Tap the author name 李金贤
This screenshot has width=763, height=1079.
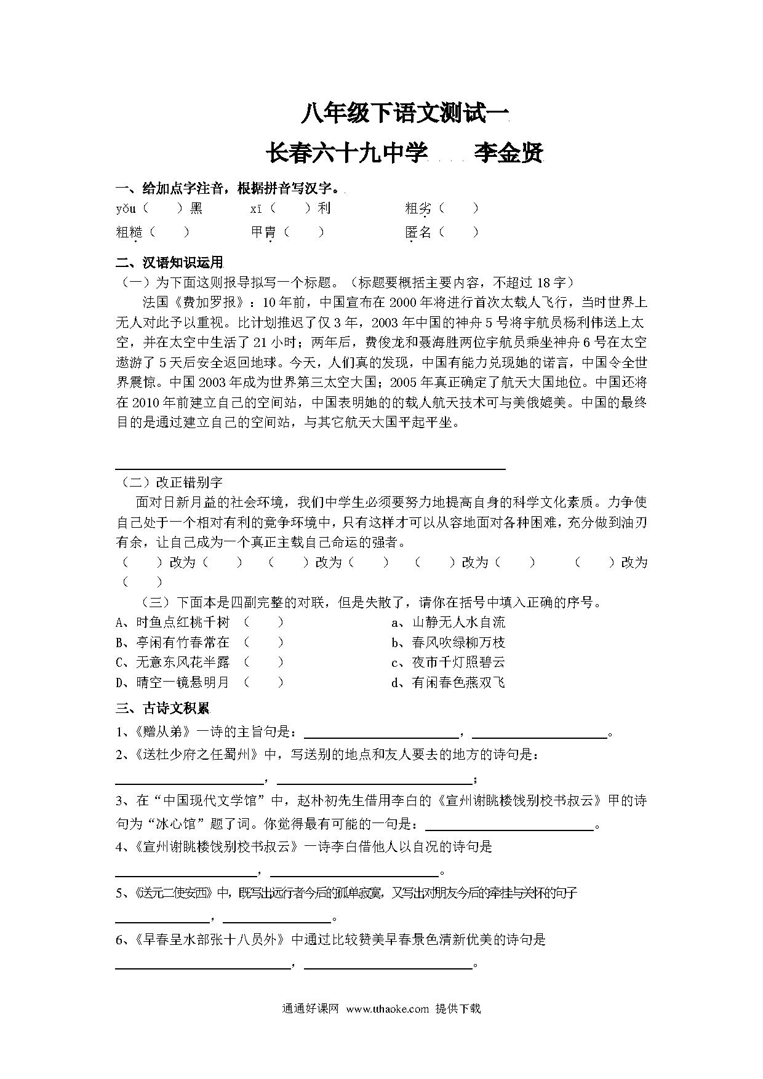coord(508,154)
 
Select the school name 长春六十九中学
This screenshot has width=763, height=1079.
coord(346,154)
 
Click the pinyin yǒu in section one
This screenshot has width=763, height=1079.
coord(126,209)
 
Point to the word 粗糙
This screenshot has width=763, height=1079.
coord(129,233)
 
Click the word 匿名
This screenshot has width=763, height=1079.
coord(418,233)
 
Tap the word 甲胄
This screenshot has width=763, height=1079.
coord(263,233)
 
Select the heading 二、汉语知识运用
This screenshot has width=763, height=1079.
coord(169,263)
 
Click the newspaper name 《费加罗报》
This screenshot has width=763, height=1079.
coord(211,303)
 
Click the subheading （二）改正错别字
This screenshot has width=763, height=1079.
coord(169,482)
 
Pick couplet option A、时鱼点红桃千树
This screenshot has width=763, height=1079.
coord(172,623)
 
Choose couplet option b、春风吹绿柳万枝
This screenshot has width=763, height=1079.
coord(449,643)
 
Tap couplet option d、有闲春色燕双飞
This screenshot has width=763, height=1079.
coord(449,683)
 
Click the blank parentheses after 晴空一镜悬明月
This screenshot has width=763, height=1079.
coord(263,683)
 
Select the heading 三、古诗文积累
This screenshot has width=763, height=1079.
coord(163,709)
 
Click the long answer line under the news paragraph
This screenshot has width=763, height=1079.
coord(311,469)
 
